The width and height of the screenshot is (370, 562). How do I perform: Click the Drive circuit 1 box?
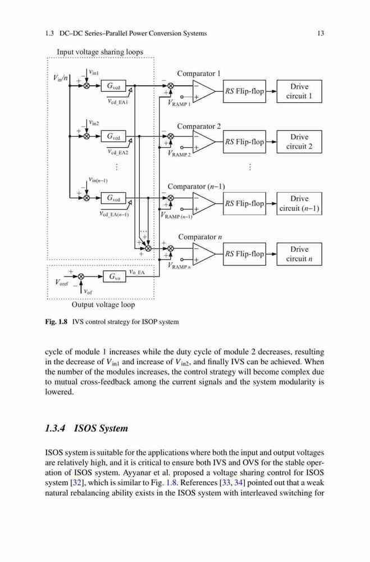point(299,92)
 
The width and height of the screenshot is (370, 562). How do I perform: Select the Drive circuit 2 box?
point(299,142)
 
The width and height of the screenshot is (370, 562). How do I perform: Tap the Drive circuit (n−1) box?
point(299,203)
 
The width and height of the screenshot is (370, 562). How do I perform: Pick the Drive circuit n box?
point(299,254)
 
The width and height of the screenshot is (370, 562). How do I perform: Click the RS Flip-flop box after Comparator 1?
point(244,92)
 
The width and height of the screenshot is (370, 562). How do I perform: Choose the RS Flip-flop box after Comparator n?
point(244,254)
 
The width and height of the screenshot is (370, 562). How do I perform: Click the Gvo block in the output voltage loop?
point(115,277)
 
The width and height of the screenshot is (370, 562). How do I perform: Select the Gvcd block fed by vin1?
point(115,86)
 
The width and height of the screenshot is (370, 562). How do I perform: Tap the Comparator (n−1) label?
point(197,187)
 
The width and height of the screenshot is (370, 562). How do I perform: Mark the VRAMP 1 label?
point(180,103)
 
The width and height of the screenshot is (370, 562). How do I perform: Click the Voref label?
point(62,283)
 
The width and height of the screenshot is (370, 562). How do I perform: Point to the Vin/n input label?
point(60,78)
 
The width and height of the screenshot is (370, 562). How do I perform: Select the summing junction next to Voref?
point(81,277)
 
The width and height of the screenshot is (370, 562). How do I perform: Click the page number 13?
point(321,33)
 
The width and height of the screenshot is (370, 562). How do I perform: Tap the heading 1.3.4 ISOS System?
point(86,428)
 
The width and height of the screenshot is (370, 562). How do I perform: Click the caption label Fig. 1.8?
point(56,321)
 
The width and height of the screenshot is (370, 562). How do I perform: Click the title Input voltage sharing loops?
point(100,52)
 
